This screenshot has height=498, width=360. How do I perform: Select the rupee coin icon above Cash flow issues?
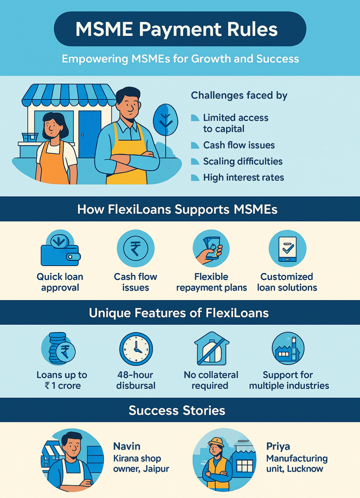click(x=135, y=248)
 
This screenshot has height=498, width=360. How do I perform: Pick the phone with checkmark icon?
click(x=287, y=248)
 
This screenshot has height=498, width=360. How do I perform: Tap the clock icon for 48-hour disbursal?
click(x=136, y=349)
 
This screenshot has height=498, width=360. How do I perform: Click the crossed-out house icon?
click(x=211, y=349)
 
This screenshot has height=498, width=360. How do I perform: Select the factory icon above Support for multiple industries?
click(x=288, y=349)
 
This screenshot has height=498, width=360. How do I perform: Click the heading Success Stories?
click(x=177, y=410)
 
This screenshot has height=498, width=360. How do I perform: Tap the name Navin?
click(x=126, y=446)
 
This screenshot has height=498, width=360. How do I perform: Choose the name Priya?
click(x=278, y=446)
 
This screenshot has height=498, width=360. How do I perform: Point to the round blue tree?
click(x=165, y=120)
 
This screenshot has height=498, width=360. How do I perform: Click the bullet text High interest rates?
click(x=243, y=178)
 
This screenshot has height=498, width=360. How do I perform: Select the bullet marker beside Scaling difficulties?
click(x=195, y=161)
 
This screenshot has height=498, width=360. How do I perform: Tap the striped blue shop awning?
click(x=69, y=95)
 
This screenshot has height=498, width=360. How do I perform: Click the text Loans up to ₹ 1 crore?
click(x=62, y=380)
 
